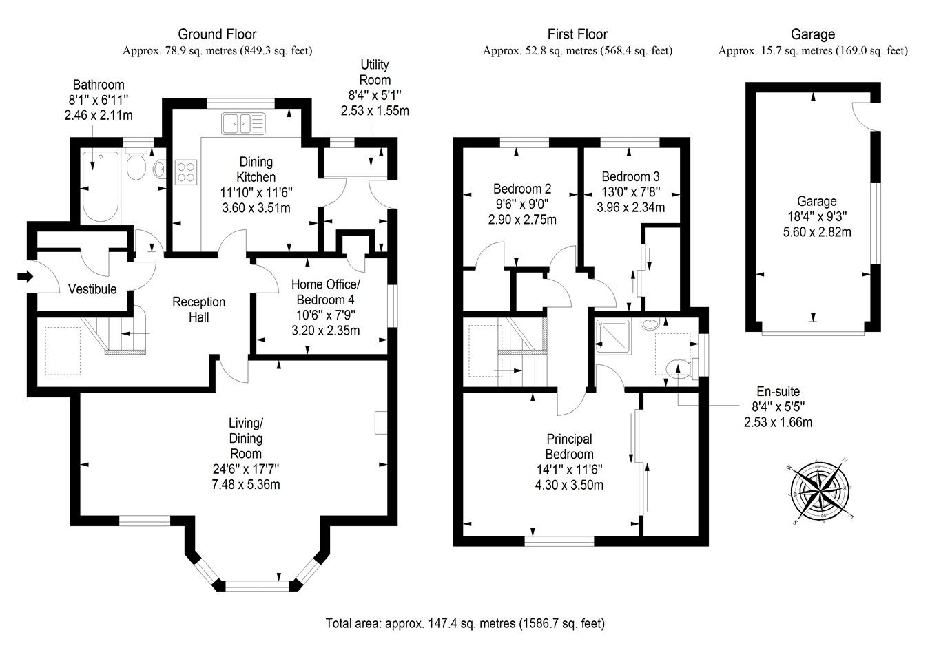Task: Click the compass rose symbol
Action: [x=819, y=492]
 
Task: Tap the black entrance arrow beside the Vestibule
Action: [x=25, y=277]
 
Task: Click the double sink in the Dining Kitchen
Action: [x=242, y=124]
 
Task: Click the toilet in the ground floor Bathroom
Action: [x=136, y=165]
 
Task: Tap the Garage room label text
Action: [x=816, y=202]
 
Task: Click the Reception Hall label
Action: [x=198, y=309]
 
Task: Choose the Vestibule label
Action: [x=92, y=289]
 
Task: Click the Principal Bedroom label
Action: [x=569, y=446]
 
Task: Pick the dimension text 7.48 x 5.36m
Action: [x=246, y=484]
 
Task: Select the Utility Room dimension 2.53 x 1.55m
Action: [x=375, y=110]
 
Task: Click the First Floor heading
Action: [x=577, y=34]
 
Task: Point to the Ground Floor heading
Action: [x=217, y=34]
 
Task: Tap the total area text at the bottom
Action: [x=465, y=623]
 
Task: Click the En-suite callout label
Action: [x=778, y=392]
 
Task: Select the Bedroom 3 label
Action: [x=630, y=176]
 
